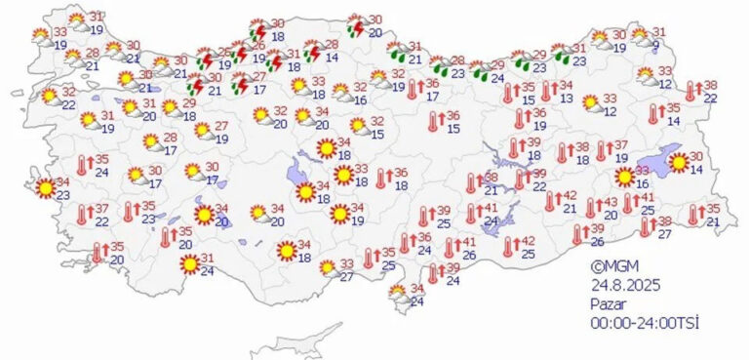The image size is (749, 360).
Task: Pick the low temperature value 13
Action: [x=566, y=99]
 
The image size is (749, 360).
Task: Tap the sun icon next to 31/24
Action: [x=189, y=263]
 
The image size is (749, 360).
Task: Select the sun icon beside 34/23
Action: [x=44, y=186]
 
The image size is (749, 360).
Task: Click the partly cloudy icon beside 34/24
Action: [x=397, y=292]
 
